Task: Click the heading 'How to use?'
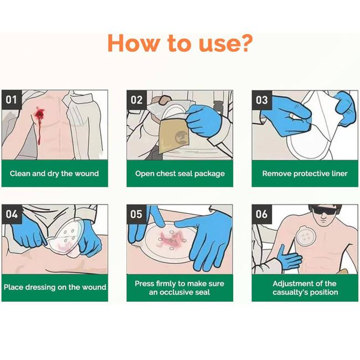coord(180,43)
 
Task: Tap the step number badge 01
coord(12,100)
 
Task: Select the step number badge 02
coord(137,100)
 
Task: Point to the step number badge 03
coord(261,100)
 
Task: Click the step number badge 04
coord(12,214)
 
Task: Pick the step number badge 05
coord(137,214)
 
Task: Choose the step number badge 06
coord(261,214)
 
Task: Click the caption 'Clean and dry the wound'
coord(54,173)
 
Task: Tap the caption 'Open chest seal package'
coord(180,173)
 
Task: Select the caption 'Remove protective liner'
coord(305,173)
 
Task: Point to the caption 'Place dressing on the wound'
coord(54,287)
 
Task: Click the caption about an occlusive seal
coord(180,287)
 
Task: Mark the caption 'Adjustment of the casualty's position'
coord(305,287)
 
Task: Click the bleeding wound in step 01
coord(40,114)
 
